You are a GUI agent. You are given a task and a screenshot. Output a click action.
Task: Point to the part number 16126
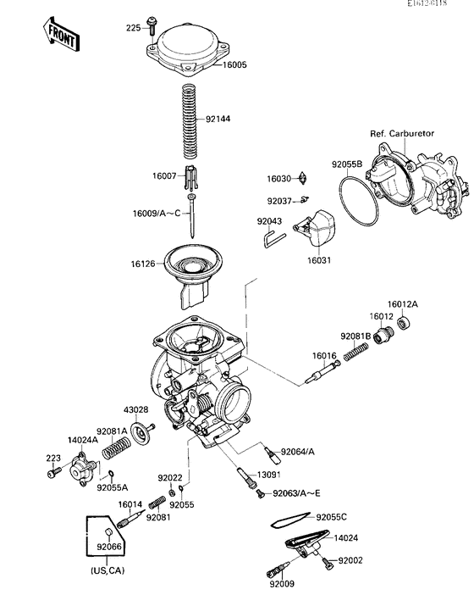coord(143,264)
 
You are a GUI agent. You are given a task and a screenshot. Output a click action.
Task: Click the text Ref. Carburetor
coord(403,134)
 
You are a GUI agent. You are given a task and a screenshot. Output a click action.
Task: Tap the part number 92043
coord(269,221)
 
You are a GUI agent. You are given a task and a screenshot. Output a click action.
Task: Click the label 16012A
coord(403,303)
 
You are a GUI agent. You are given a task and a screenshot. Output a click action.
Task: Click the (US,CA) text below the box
coord(106,571)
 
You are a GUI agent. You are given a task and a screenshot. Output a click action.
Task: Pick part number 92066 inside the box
coord(108,548)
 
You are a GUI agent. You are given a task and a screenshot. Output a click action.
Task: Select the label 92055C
coord(333,516)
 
